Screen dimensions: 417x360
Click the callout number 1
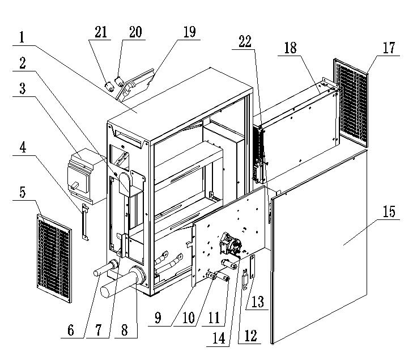(x=22, y=37)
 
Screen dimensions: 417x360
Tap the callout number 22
(x=245, y=42)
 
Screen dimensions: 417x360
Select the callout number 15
(x=389, y=211)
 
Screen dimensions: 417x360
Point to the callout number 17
(x=389, y=48)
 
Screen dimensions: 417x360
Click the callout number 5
(x=23, y=192)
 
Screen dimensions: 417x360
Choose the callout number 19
(x=190, y=32)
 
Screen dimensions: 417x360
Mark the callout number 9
(x=158, y=317)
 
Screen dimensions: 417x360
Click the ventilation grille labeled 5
(x=54, y=259)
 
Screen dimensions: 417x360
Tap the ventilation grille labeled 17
(x=351, y=103)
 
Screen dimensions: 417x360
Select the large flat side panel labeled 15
(x=319, y=246)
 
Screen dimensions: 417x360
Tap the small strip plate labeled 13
(x=253, y=266)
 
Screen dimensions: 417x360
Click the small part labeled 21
(x=109, y=87)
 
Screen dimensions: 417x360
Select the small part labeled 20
(x=119, y=81)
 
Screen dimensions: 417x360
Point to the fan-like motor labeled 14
(x=230, y=243)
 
